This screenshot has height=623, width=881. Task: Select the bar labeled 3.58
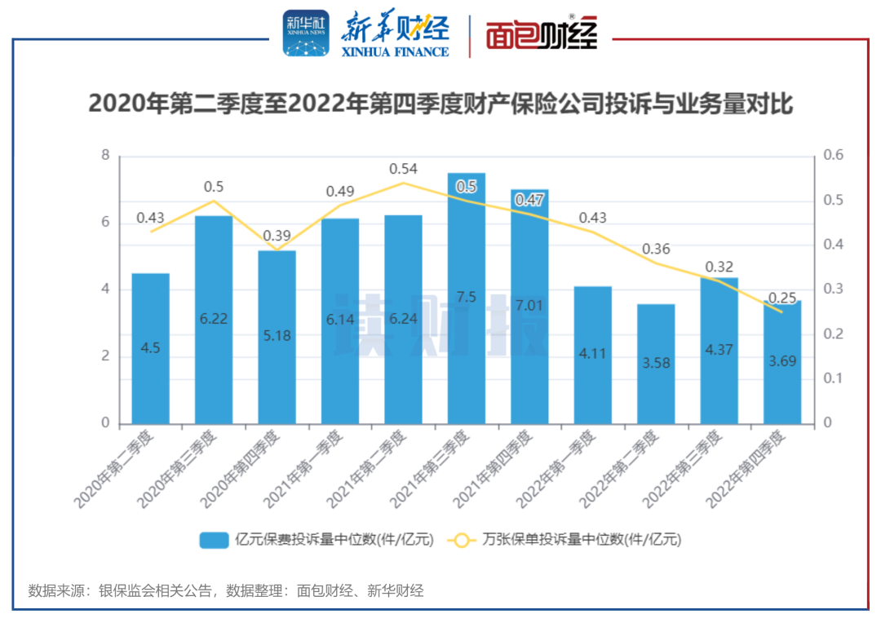pyautogui.click(x=656, y=364)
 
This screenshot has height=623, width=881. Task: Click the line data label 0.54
pyautogui.click(x=403, y=169)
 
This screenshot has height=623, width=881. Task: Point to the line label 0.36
pyautogui.click(x=656, y=249)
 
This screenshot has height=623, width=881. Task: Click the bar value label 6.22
pyautogui.click(x=213, y=320)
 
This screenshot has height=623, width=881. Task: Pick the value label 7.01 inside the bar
pyautogui.click(x=529, y=306)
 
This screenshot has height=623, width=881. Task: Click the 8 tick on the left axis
pyautogui.click(x=104, y=156)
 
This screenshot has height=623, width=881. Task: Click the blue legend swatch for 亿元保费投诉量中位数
pyautogui.click(x=214, y=540)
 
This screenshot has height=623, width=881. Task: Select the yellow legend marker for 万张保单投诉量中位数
pyautogui.click(x=462, y=540)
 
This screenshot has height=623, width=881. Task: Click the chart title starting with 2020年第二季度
pyautogui.click(x=440, y=104)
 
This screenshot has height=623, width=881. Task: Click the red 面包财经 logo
pyautogui.click(x=542, y=34)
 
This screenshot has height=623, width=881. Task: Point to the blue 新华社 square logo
pyautogui.click(x=306, y=33)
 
